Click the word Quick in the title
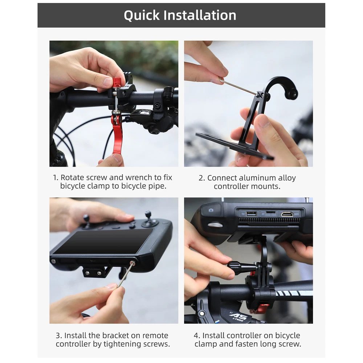[x=142, y=16]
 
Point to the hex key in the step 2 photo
[x=239, y=87]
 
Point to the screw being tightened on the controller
[x=132, y=263]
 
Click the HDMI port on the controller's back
[x=287, y=214]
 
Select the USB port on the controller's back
[x=252, y=213]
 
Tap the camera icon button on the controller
[x=211, y=210]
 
